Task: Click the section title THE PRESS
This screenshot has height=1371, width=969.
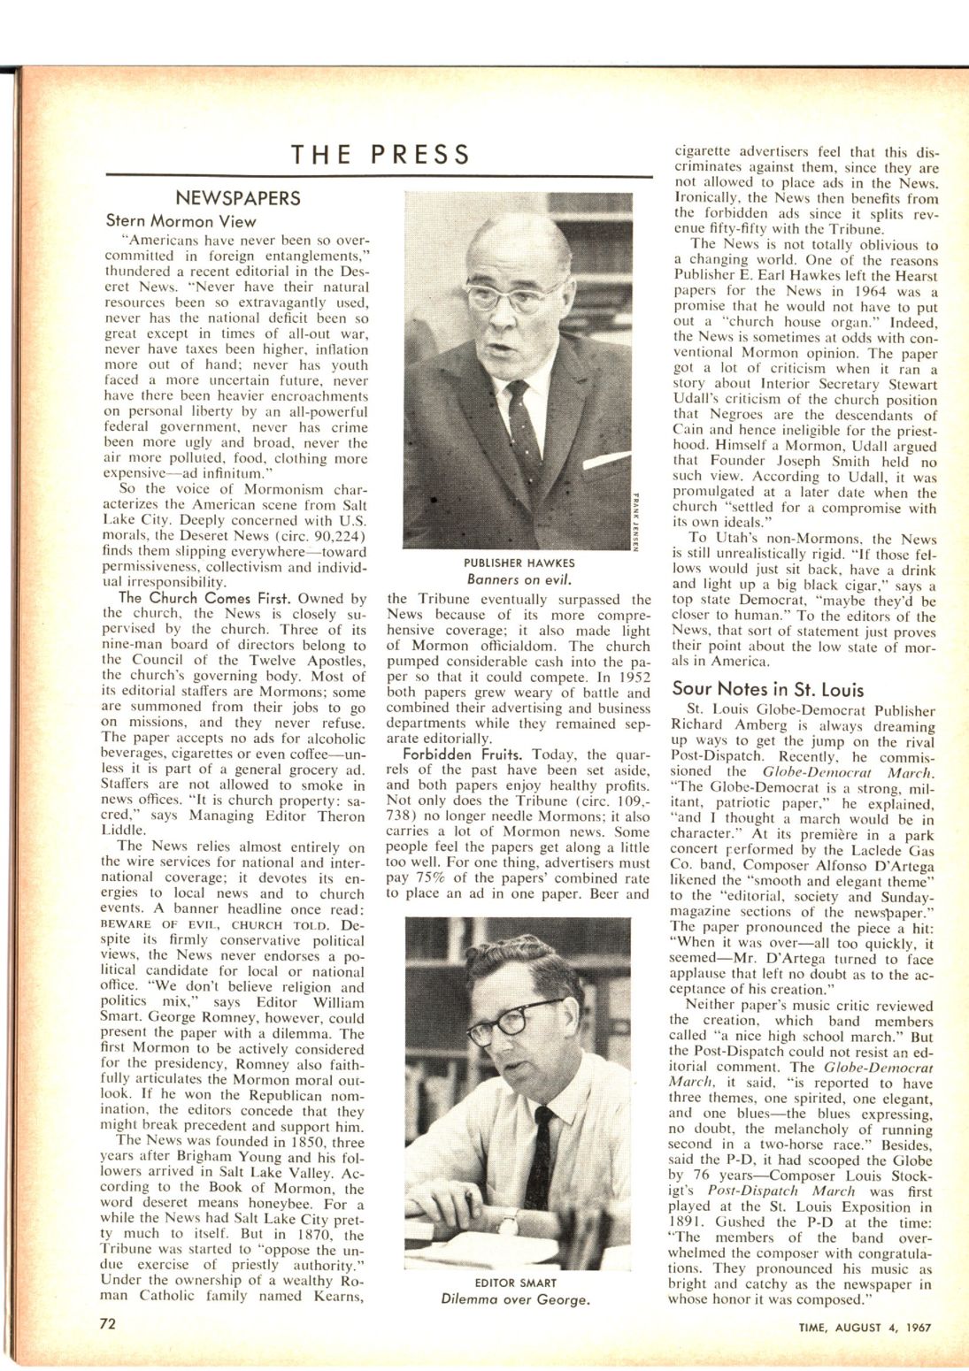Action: (x=381, y=154)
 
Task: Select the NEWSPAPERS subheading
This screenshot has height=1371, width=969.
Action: (x=238, y=198)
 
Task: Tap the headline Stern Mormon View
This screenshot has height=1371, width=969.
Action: (x=181, y=221)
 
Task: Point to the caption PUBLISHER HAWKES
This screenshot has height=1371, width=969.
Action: (x=519, y=563)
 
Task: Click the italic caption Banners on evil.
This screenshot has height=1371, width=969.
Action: (x=519, y=580)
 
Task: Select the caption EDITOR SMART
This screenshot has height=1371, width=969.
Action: (x=516, y=1283)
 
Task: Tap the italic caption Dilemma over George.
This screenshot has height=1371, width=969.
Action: (x=516, y=1300)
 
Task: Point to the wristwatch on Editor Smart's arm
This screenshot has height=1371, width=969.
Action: (x=507, y=1223)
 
